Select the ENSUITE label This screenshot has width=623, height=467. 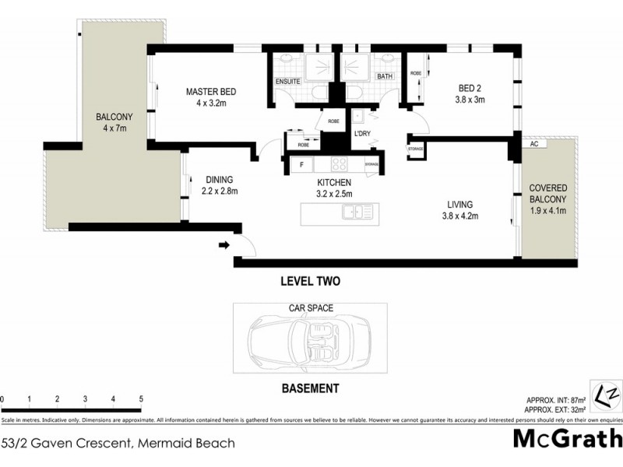click(x=287, y=81)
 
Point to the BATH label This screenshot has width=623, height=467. click(x=385, y=77)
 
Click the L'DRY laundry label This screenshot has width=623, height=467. click(x=362, y=134)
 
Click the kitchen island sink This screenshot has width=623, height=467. click(x=358, y=211)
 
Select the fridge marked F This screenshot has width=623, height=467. click(x=300, y=164)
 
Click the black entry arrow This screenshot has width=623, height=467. click(x=225, y=246)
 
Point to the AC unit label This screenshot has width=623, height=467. click(x=534, y=144)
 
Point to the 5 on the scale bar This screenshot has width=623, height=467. click(x=141, y=399)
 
